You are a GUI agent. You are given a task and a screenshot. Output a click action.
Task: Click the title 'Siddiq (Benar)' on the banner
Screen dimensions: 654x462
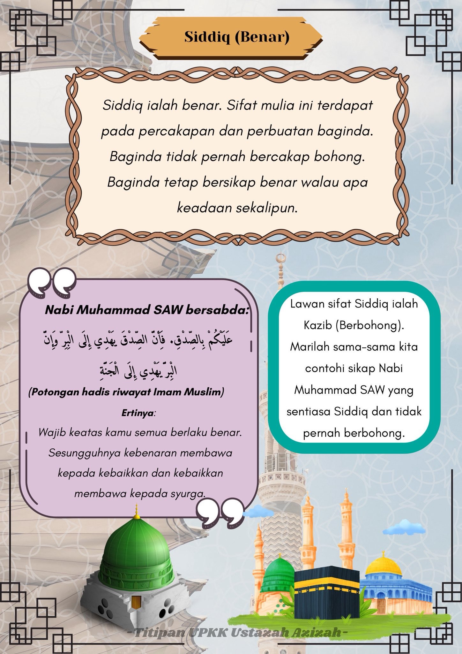[237, 37]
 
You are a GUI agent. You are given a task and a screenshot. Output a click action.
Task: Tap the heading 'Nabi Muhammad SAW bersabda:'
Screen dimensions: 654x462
[146, 310]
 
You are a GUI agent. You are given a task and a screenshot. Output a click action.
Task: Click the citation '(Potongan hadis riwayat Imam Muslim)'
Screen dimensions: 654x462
[126, 392]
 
